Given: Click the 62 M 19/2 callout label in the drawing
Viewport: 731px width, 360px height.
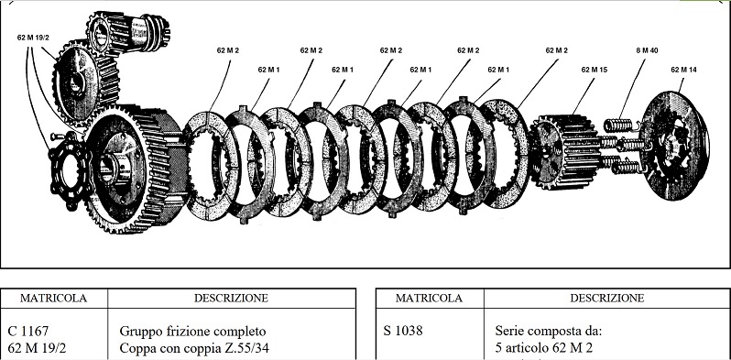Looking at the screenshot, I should tap(33, 38).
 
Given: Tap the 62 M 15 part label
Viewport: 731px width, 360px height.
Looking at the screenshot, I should tap(594, 69).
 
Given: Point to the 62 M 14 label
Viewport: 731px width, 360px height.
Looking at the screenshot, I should tap(684, 69).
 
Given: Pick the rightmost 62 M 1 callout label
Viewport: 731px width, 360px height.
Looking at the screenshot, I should tap(498, 69).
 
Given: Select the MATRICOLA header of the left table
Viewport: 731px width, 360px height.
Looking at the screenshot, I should tap(55, 298).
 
